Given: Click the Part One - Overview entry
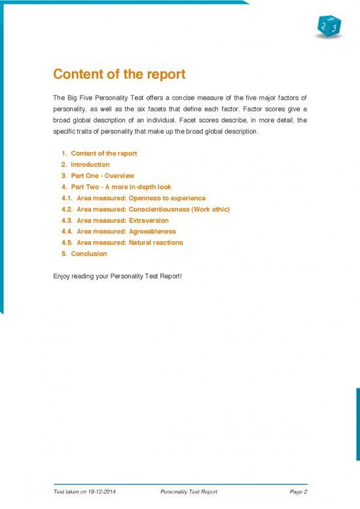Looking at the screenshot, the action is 102,176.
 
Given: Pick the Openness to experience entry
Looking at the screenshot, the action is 141,198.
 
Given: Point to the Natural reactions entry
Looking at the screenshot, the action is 130,242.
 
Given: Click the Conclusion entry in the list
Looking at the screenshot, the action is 88,254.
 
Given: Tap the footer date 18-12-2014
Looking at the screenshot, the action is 105,491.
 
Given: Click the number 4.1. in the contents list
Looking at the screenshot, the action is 65,198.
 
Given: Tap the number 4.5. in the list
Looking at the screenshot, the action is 65,242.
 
